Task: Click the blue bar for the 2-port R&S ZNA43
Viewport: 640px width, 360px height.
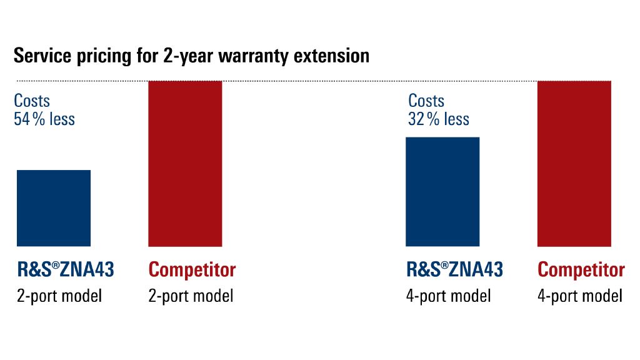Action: (54, 207)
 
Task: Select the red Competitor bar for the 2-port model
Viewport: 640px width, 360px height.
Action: (185, 163)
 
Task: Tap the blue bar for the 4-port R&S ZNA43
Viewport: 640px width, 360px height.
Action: (442, 191)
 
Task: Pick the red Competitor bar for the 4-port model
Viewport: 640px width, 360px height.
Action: (574, 163)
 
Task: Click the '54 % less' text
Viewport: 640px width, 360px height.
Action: (44, 119)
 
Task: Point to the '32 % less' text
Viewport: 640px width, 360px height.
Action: (439, 119)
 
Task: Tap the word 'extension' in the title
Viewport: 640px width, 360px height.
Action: (329, 56)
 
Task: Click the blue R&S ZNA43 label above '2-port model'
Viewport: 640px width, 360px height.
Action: (66, 269)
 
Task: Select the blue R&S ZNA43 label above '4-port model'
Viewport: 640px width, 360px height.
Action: (454, 269)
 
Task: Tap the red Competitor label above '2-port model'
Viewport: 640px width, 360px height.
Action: (192, 270)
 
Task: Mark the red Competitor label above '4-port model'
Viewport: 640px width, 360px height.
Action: (581, 270)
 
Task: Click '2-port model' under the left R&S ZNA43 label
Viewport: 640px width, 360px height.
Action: (59, 295)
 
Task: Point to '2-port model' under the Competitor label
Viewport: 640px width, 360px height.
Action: (191, 295)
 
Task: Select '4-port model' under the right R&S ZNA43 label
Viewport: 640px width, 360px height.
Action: (448, 295)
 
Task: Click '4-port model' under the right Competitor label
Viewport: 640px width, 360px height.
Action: (580, 295)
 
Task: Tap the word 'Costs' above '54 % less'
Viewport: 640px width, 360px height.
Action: (32, 101)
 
